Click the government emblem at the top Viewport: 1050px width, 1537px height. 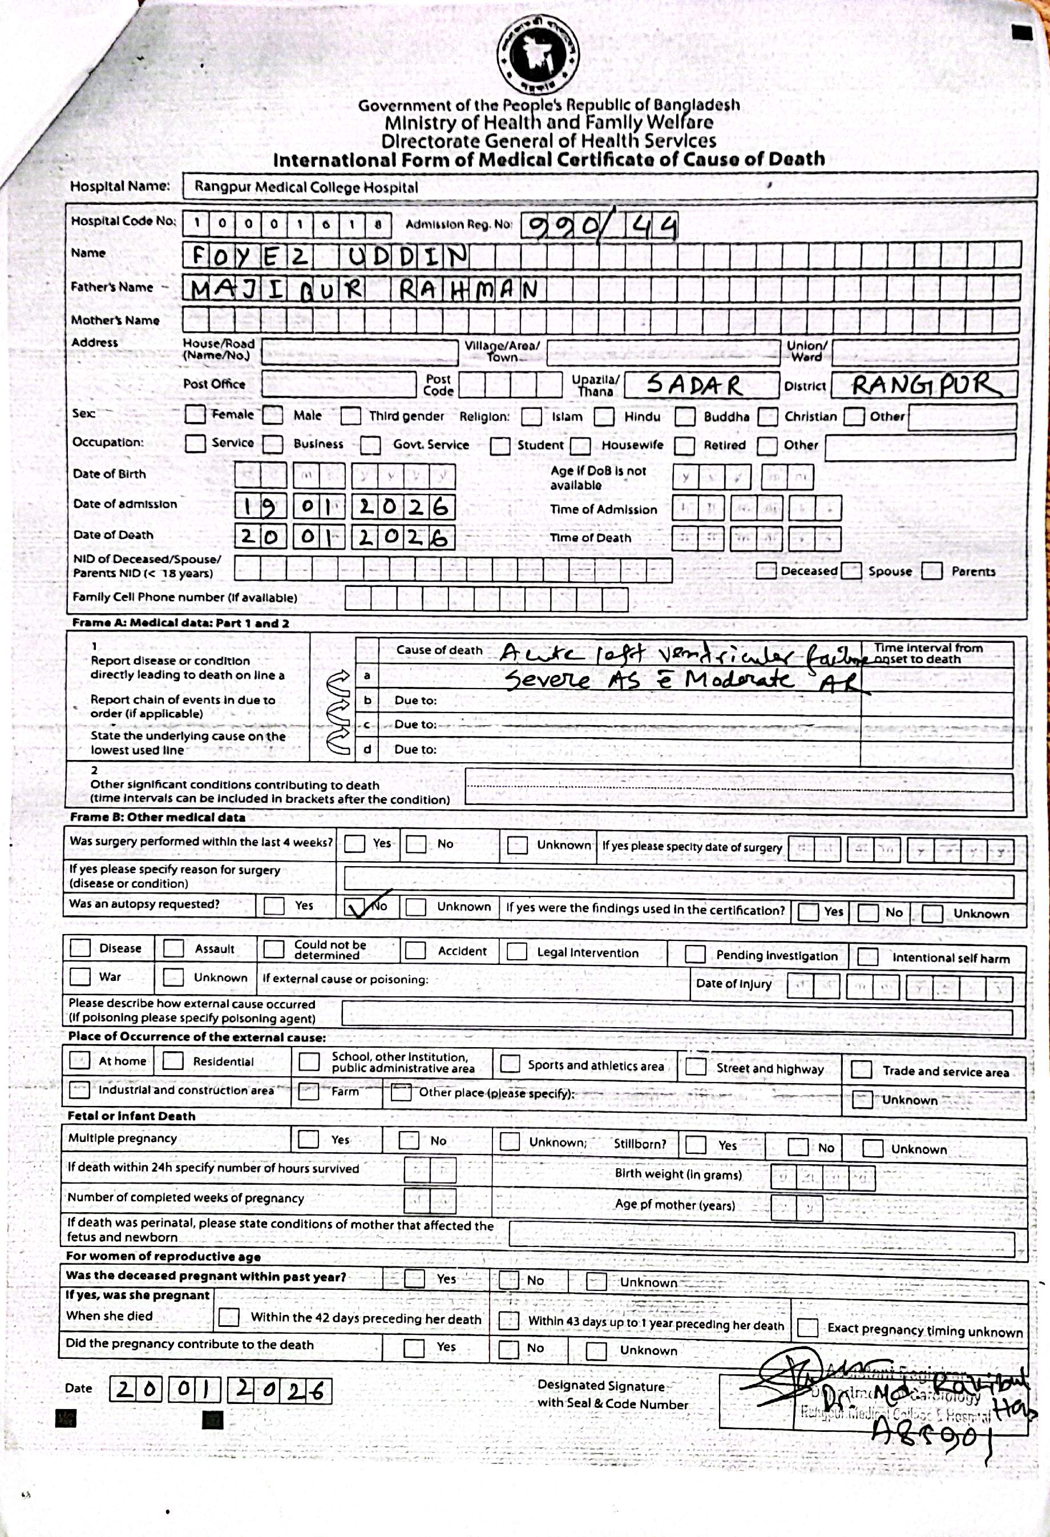coord(538,55)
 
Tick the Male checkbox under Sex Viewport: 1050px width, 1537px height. coord(272,415)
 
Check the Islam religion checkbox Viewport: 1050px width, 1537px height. coord(531,417)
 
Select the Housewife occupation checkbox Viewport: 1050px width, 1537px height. coord(580,446)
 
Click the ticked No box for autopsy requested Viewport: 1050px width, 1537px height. coord(356,907)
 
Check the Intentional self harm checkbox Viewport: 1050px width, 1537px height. coord(867,957)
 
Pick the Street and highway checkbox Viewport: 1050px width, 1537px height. coord(695,1067)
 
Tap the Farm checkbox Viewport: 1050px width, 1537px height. coord(309,1091)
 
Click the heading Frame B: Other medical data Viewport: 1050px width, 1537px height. coord(157,818)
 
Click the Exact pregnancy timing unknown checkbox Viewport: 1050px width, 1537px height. coord(807,1327)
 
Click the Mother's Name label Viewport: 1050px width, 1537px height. coord(115,320)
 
